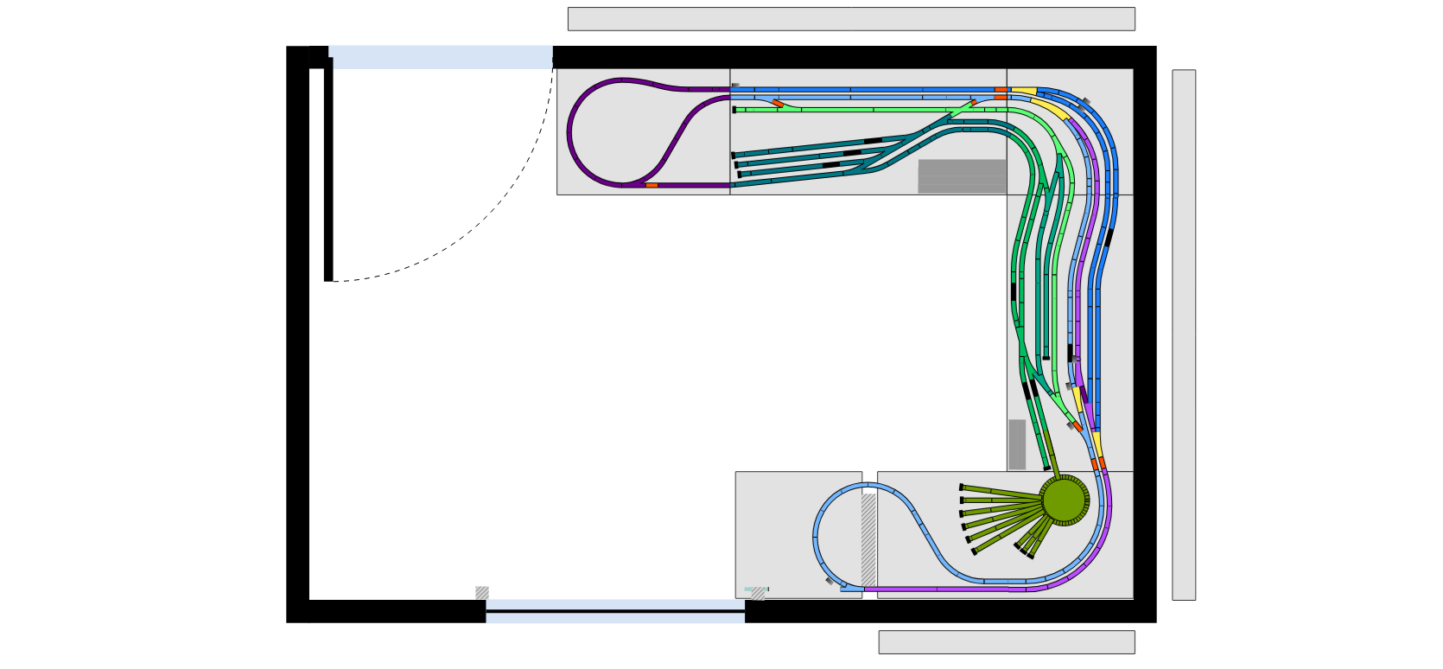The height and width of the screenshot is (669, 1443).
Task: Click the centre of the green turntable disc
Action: [x=1064, y=500]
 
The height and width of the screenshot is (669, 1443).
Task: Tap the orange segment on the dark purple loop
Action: [x=652, y=185]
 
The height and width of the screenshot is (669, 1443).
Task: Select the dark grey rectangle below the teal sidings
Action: [x=962, y=176]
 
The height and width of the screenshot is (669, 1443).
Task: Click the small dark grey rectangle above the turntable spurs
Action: [x=1017, y=444]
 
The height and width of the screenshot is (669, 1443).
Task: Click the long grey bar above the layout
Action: [x=851, y=19]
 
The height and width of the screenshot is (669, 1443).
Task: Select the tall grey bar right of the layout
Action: [x=1184, y=334]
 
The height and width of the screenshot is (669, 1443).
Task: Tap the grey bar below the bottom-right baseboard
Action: [x=1007, y=642]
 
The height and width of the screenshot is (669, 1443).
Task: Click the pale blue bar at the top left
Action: [x=442, y=57]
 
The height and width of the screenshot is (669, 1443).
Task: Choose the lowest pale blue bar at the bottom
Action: [x=615, y=619]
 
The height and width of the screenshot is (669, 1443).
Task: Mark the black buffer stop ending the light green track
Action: [x=734, y=110]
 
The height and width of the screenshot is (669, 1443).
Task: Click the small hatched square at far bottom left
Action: [x=482, y=593]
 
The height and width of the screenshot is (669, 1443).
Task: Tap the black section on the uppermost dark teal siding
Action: [x=873, y=141]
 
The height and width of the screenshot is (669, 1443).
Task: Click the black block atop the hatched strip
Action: [x=868, y=490]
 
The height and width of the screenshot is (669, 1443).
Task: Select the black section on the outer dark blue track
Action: [x=1109, y=238]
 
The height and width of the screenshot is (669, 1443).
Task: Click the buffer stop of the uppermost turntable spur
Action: [x=962, y=487]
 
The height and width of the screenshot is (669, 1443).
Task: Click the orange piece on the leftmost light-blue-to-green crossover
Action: [x=778, y=104]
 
